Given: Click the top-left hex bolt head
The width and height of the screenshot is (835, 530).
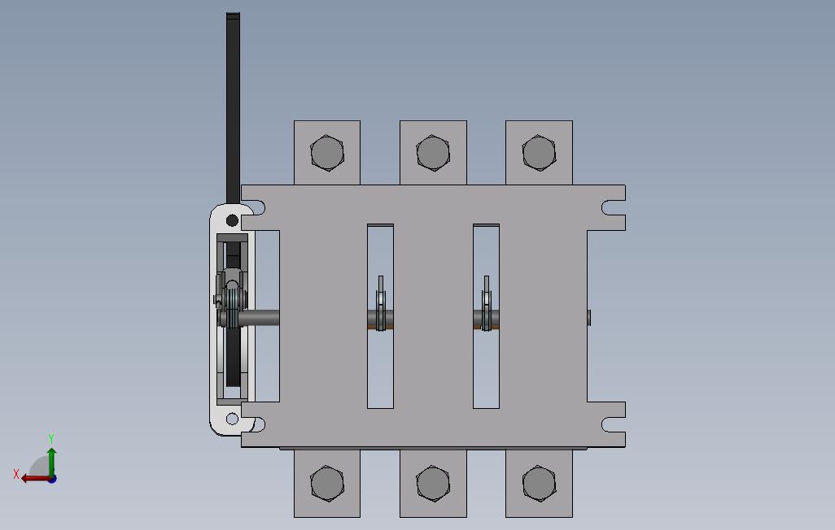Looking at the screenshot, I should point(326,152).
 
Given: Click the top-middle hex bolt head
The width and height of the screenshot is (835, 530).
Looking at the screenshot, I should point(432,152).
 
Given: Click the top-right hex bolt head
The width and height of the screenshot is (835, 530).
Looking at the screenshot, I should point(538,152).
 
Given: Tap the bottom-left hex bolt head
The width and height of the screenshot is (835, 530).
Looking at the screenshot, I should point(326,484).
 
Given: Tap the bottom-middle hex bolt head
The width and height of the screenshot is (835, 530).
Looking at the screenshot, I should point(432,484).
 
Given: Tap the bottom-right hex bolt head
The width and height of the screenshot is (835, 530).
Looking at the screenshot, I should point(538,484).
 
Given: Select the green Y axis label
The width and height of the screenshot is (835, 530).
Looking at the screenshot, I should point(51,438).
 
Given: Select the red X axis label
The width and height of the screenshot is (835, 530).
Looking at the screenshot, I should point(16,474).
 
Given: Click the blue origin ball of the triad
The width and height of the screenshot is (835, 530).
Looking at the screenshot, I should point(51,479).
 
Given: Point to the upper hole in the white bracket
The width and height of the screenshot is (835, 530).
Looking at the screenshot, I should point(232,220).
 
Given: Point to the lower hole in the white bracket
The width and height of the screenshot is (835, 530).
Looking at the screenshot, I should point(232,419).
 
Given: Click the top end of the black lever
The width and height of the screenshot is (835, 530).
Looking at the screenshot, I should point(233,16).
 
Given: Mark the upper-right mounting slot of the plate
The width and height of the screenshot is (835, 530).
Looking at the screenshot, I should point(612,208).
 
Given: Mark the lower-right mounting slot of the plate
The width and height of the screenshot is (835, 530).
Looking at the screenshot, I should point(612,424).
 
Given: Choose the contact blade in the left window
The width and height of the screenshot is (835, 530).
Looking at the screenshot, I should point(380,304).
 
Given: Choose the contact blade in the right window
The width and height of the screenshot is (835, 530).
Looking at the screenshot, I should point(486,304).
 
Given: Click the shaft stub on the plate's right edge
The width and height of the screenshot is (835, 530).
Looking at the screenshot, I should point(589,317).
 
